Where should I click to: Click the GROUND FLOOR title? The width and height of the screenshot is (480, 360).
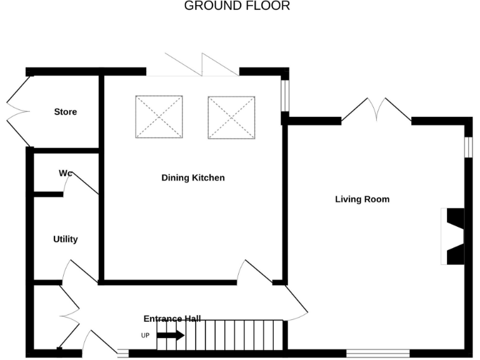(x=237, y=6)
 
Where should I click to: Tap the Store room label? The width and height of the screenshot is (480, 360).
(x=65, y=112)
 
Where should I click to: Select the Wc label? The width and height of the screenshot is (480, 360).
(x=66, y=172)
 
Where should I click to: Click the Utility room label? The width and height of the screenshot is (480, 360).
(x=65, y=239)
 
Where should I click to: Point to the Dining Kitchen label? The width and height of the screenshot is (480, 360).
(x=192, y=178)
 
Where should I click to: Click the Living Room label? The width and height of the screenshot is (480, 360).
(x=362, y=199)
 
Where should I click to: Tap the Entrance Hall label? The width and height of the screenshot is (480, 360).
(x=172, y=318)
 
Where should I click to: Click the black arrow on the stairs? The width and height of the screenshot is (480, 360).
(x=170, y=336)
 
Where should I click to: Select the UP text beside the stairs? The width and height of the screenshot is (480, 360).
(x=146, y=336)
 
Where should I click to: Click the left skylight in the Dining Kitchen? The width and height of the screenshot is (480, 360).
(x=159, y=117)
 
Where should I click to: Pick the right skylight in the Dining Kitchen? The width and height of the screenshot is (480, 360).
(x=231, y=117)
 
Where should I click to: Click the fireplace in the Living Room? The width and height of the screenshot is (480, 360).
(x=454, y=237)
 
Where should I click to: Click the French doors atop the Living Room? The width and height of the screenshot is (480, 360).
(x=376, y=109)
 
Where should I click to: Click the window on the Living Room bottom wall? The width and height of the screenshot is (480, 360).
(x=377, y=353)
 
